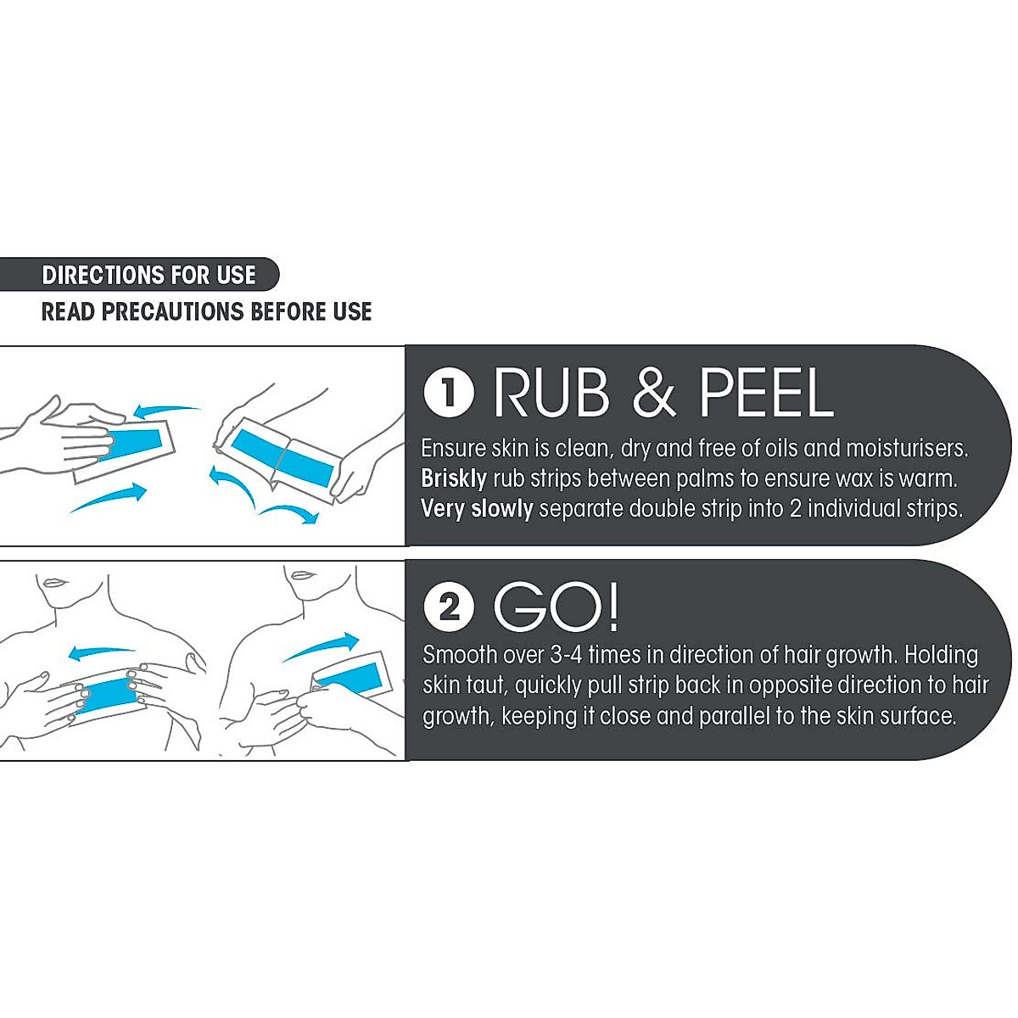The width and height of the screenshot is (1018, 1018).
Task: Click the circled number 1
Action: tap(448, 393)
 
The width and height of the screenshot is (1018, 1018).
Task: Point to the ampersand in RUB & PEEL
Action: tap(654, 393)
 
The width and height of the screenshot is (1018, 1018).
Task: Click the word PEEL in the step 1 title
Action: tap(765, 393)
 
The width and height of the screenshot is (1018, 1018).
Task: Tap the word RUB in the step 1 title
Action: tap(551, 393)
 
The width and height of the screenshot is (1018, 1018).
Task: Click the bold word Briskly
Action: tap(454, 478)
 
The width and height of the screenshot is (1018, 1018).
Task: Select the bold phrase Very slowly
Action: tap(477, 509)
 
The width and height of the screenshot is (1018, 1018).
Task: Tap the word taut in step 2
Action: tap(487, 685)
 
